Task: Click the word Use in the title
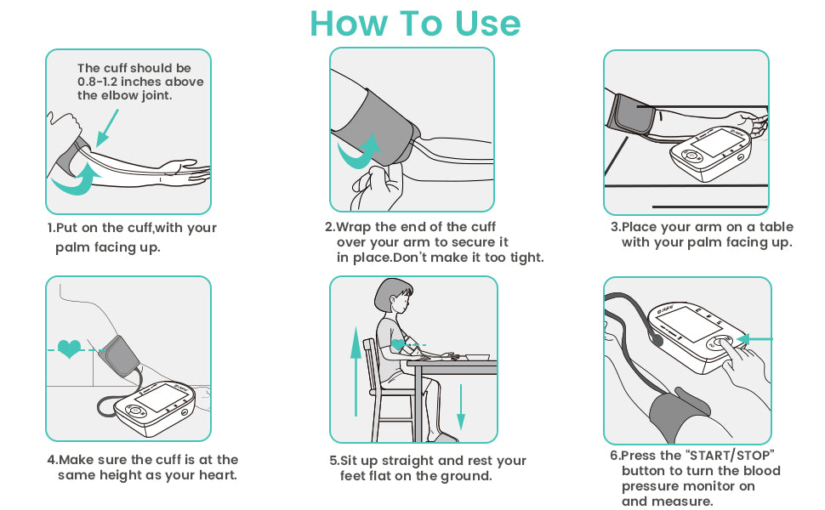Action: tap(487, 24)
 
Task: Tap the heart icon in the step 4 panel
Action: tap(70, 348)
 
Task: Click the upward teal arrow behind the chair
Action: tap(356, 371)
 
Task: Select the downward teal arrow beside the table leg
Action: tap(461, 407)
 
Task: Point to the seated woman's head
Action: tap(393, 297)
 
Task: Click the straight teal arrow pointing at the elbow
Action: tap(107, 127)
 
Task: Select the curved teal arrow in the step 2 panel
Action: tap(360, 151)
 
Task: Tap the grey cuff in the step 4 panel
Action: tap(120, 355)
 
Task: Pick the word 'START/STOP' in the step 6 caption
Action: tap(731, 456)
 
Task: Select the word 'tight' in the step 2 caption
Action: tap(526, 258)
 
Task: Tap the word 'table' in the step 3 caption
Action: tap(776, 227)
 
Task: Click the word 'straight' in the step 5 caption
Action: tap(407, 461)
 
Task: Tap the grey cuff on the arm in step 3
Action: tap(631, 114)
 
